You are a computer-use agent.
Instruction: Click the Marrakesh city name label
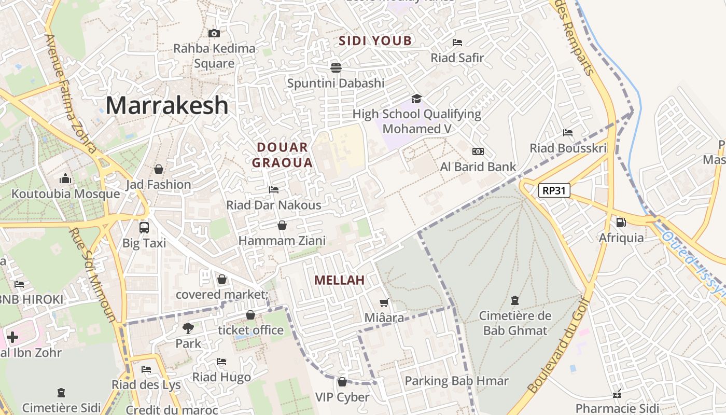click(166, 105)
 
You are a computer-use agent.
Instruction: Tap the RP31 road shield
click(554, 190)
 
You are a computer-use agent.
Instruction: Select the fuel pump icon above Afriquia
click(621, 223)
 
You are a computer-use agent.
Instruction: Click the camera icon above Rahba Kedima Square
click(214, 33)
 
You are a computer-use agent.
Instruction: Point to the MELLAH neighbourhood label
click(339, 280)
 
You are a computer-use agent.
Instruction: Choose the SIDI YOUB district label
click(375, 40)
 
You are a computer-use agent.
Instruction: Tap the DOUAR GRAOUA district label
click(282, 155)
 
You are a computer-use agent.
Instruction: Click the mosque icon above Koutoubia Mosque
click(65, 179)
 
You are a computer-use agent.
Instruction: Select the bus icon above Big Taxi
click(144, 227)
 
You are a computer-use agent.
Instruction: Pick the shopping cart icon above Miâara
click(384, 302)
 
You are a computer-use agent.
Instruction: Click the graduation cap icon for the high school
click(416, 99)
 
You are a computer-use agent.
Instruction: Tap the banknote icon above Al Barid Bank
click(478, 151)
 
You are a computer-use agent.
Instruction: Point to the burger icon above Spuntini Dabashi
click(336, 67)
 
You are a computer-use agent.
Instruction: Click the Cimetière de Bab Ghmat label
click(515, 323)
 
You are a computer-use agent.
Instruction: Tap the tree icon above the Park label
click(188, 328)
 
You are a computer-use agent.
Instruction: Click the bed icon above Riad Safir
click(457, 43)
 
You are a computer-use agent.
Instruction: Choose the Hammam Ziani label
click(282, 240)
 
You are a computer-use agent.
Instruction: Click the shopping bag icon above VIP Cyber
click(342, 382)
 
